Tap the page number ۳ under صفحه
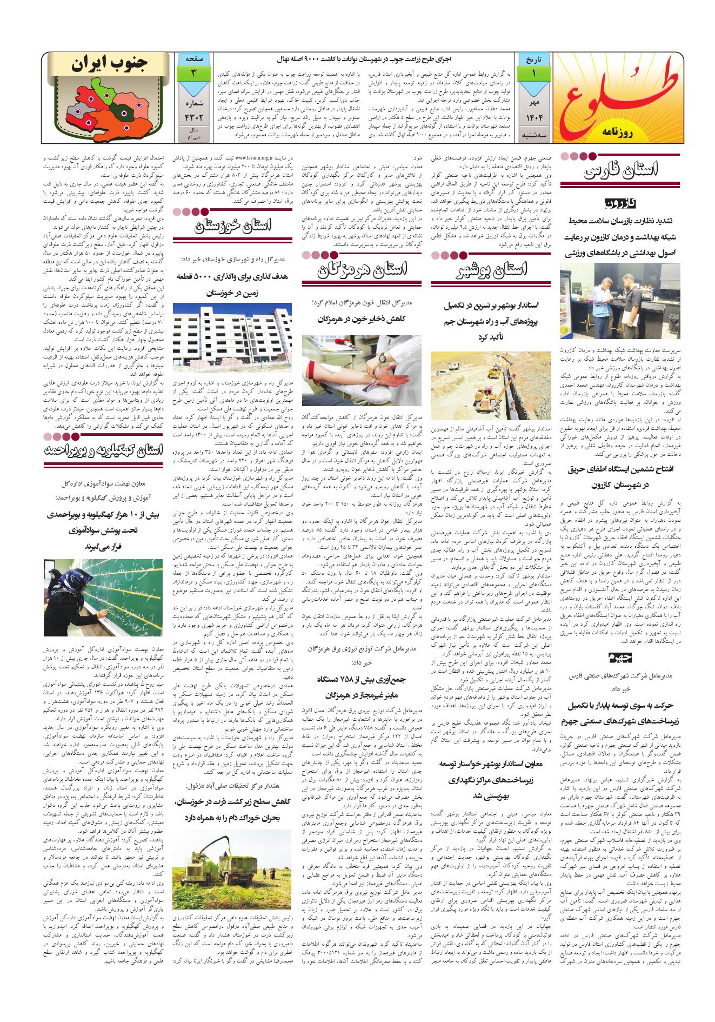click(193, 72)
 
